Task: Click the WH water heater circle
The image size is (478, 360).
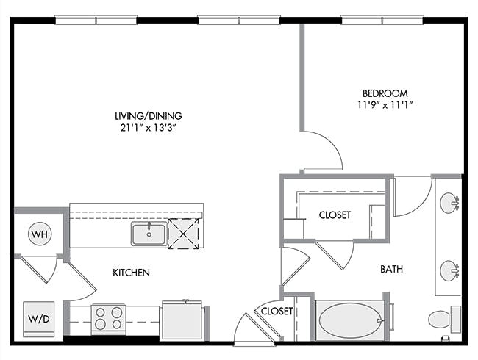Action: pos(40,234)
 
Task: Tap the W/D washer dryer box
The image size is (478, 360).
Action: pos(39,319)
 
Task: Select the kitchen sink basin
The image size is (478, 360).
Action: pos(149,234)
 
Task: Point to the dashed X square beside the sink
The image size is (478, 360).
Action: pos(183,234)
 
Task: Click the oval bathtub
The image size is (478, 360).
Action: pos(350,320)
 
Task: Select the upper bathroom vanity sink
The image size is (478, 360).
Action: pos(449,202)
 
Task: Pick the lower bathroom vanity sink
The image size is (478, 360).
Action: pos(449,270)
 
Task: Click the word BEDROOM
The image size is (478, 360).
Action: pos(385,93)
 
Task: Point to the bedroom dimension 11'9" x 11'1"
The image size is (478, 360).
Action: pos(385,105)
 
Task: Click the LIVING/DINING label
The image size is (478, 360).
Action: pos(149,116)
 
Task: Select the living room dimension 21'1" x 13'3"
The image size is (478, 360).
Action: pos(149,128)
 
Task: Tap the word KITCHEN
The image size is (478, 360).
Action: pos(131,273)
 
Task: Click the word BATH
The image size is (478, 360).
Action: pos(391,269)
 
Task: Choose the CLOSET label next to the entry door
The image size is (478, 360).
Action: pos(277,311)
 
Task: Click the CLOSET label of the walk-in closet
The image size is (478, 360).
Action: pos(335,215)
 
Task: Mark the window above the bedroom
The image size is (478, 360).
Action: pos(382,20)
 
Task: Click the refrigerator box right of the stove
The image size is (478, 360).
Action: pos(182,320)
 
